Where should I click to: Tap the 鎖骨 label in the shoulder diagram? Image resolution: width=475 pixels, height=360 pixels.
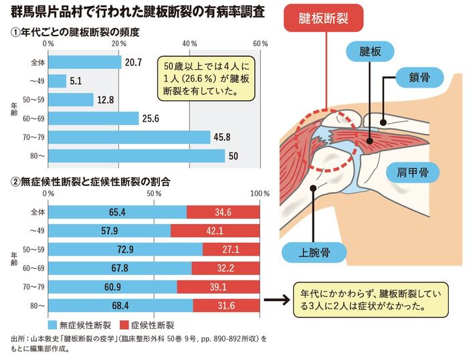point(423,76)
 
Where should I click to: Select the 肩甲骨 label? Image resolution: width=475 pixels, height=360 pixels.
point(410,172)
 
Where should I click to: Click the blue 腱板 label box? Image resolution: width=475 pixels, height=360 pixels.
point(369,52)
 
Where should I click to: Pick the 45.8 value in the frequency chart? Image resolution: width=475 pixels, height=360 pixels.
point(222,137)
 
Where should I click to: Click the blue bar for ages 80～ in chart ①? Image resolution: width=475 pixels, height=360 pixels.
point(137,156)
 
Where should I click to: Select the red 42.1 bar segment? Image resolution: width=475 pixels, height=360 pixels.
point(215,231)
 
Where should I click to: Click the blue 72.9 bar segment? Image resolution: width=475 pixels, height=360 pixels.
point(126,250)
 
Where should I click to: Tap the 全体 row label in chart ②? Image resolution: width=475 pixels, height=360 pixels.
point(37,212)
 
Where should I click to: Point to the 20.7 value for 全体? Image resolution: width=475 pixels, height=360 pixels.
point(132,63)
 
